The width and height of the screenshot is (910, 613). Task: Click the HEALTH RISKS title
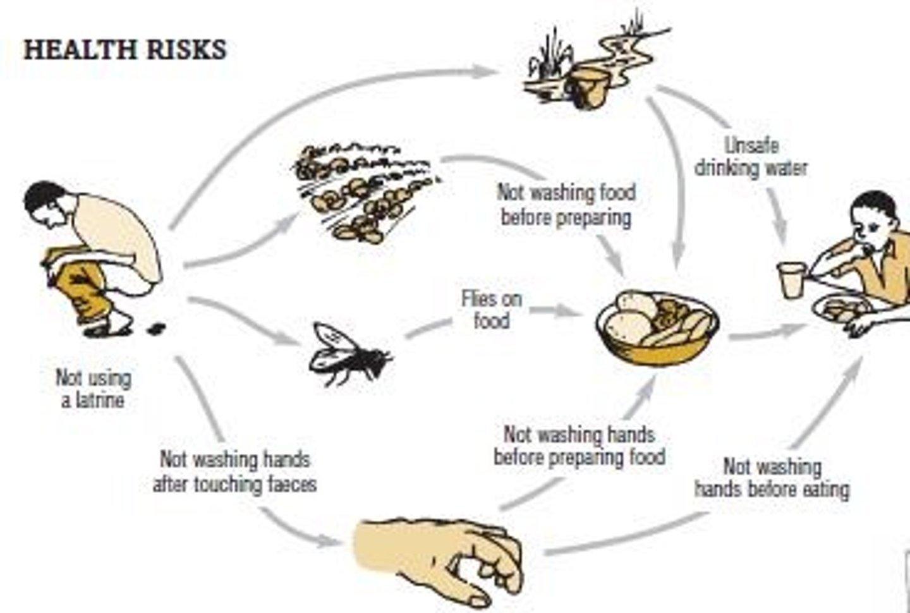pos(124,50)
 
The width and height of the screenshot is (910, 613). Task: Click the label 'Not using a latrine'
pos(93,389)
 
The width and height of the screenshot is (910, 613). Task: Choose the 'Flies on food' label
pos(492,310)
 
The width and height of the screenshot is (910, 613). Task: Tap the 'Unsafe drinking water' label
pos(751,157)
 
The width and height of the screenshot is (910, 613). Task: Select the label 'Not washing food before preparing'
pos(566,204)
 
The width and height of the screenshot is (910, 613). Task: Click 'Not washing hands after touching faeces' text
pos(234,471)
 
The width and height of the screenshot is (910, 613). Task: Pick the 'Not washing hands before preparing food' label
pos(579,446)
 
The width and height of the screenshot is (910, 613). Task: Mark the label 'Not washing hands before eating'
pos(772,478)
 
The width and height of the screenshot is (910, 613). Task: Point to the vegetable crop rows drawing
pos(363,193)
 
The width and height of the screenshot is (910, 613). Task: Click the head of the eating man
pos(875,218)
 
